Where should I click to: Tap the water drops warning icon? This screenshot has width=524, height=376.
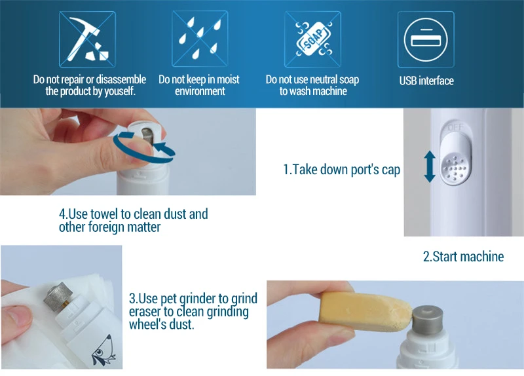200,39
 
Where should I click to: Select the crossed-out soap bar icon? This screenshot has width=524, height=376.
313,39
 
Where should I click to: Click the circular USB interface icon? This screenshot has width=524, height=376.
425,39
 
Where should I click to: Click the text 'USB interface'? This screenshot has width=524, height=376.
426,81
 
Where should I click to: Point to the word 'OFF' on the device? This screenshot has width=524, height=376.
455,127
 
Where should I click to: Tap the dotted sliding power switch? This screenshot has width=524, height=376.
455,161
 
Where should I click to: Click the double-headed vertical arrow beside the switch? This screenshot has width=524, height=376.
430,166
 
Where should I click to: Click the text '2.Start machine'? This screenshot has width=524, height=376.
463,257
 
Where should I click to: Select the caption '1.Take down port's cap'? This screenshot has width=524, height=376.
341,170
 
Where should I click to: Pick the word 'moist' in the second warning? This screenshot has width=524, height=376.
228,79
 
